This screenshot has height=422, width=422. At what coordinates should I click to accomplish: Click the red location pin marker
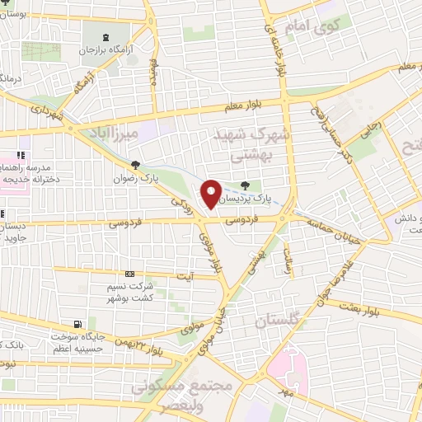click(x=211, y=194)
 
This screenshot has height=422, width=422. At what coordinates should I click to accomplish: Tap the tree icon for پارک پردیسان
click(x=244, y=186)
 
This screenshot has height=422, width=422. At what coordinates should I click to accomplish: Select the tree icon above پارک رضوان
click(x=136, y=164)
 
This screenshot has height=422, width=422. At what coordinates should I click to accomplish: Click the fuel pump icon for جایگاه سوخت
click(x=77, y=324)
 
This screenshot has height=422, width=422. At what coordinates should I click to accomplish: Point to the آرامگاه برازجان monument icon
click(x=104, y=37)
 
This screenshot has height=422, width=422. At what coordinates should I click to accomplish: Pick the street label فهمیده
click(x=153, y=75)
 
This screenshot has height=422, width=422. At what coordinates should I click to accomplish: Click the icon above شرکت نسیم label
click(x=129, y=274)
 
